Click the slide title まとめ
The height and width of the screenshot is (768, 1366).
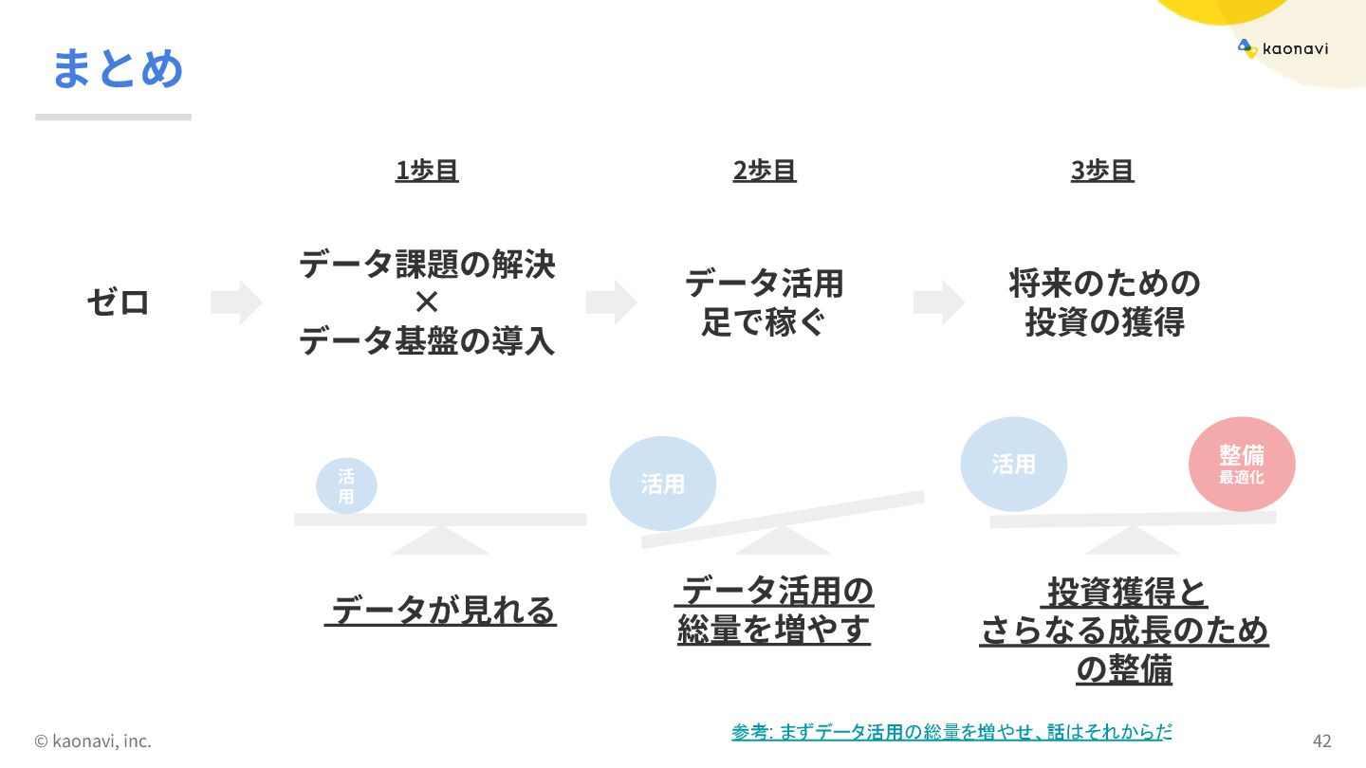(x=117, y=68)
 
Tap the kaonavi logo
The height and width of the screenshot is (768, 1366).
(x=1283, y=48)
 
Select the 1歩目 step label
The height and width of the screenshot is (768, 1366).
(x=427, y=171)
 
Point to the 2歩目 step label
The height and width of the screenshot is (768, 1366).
(x=765, y=171)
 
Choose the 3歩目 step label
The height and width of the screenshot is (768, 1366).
(x=1102, y=171)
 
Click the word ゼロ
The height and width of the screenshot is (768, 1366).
(x=119, y=302)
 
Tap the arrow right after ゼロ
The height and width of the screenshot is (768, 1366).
(x=235, y=302)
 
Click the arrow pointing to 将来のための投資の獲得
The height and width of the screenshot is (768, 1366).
(x=938, y=302)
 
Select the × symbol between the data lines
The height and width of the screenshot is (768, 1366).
(x=427, y=302)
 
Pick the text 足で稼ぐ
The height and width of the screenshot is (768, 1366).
(x=764, y=323)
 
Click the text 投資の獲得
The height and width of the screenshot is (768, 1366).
(x=1104, y=323)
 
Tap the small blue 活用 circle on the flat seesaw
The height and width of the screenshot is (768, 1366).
(x=346, y=486)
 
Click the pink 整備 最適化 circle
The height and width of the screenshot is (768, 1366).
(x=1242, y=464)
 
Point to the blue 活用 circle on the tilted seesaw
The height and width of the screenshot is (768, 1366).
(x=662, y=484)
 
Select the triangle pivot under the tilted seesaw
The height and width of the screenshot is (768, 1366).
(x=782, y=542)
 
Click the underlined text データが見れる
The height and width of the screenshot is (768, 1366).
(x=441, y=612)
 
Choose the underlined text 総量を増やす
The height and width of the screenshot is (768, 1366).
(x=773, y=631)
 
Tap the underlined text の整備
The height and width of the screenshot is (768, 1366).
(x=1124, y=670)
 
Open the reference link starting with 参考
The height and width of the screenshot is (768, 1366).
(x=951, y=732)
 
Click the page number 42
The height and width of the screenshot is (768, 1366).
(x=1321, y=741)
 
